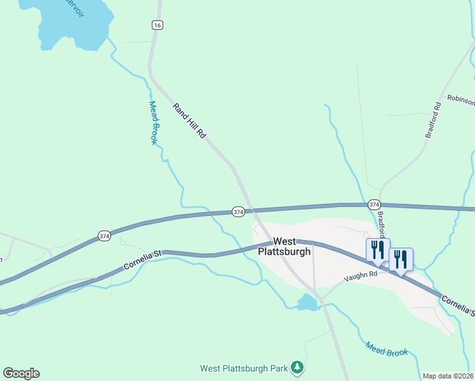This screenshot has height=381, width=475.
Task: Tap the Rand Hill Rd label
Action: point(190,121)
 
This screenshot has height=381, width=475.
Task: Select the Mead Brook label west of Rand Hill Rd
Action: point(153,123)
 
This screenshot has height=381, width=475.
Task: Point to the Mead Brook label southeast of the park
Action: point(386,349)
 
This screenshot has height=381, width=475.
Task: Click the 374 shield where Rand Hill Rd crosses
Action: point(238,211)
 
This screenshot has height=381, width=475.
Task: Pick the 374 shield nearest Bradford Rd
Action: point(374,204)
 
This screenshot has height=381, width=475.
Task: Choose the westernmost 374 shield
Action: point(105,236)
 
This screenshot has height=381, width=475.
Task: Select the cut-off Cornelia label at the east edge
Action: point(458,305)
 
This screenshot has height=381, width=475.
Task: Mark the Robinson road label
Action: point(460,99)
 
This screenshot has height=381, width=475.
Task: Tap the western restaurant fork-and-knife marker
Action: point(378,250)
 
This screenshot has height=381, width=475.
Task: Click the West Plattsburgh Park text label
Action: point(244,368)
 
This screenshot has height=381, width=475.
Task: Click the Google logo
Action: point(21,373)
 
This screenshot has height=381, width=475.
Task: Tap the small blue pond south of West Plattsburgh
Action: point(307,303)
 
